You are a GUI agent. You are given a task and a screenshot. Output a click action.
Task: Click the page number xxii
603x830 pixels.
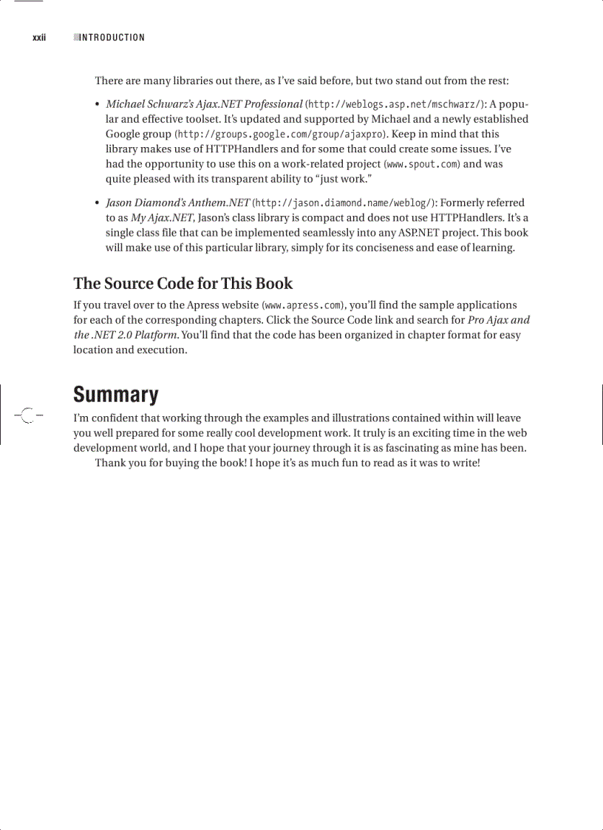click(x=39, y=38)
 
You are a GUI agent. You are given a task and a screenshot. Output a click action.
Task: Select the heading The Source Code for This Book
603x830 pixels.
click(x=183, y=284)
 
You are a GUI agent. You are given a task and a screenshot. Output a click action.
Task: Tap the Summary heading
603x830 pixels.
click(x=115, y=395)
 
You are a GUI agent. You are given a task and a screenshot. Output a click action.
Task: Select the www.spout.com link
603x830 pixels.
click(x=421, y=164)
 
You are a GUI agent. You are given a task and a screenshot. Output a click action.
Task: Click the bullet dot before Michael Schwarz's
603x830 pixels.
click(x=98, y=104)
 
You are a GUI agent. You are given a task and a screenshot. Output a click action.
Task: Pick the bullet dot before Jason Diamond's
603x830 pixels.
click(x=98, y=203)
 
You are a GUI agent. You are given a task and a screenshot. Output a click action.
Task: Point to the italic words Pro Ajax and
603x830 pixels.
click(x=499, y=320)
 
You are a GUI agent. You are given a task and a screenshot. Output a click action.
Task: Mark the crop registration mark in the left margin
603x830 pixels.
click(x=27, y=415)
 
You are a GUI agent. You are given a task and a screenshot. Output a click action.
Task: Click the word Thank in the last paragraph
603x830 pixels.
click(x=110, y=463)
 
